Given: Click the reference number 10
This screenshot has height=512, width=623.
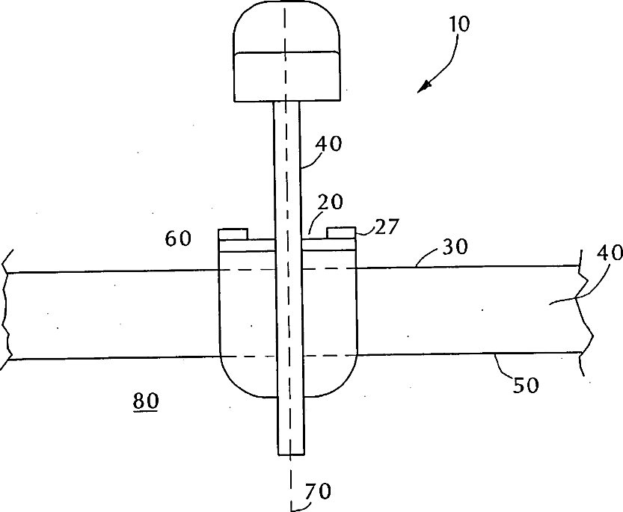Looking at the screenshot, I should point(460,24).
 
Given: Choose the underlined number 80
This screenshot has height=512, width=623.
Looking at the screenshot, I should point(145,401).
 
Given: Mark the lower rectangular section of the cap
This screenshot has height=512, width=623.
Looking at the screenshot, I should point(285,76).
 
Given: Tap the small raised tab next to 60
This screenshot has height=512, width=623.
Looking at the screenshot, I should point(233,233).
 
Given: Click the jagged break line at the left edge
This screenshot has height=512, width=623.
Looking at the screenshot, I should point(7,314).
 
